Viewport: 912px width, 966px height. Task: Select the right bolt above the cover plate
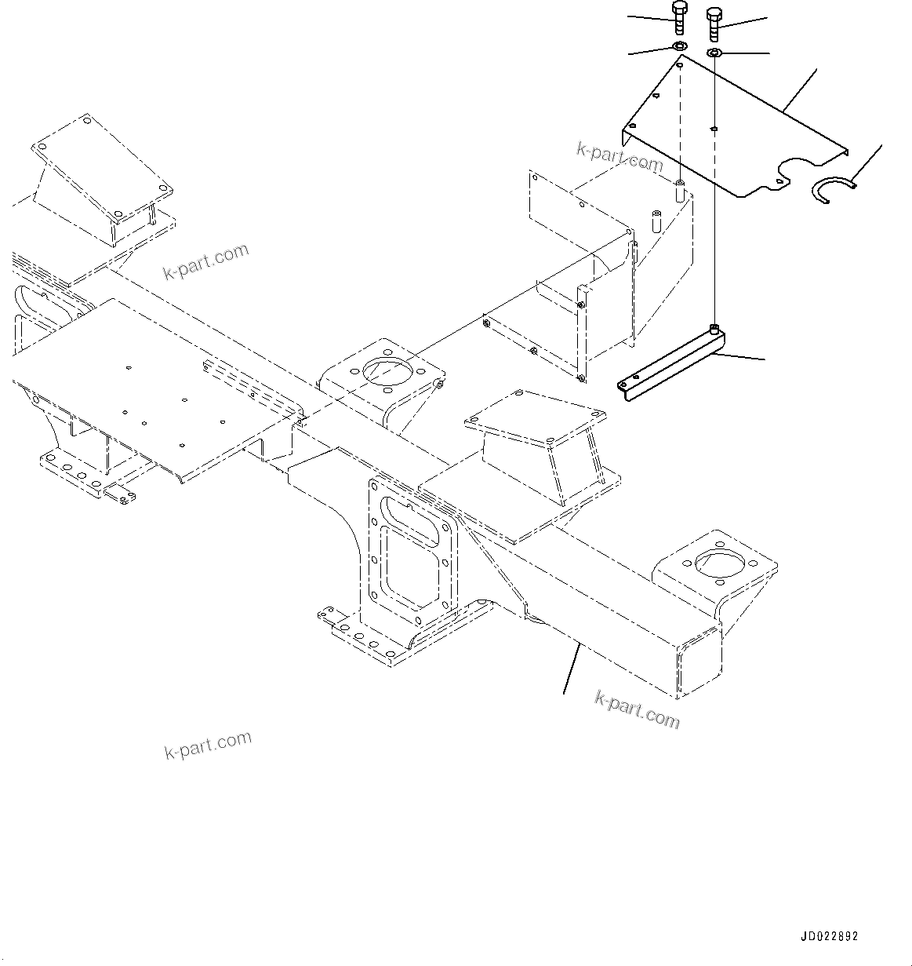point(714,24)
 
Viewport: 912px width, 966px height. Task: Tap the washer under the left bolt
point(679,48)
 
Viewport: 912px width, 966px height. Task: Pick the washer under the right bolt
point(714,53)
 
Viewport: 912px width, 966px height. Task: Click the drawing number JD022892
point(830,936)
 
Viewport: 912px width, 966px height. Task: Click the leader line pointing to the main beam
point(572,667)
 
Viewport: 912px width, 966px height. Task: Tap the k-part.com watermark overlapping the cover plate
point(620,157)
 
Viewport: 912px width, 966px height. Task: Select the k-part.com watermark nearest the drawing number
point(638,709)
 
